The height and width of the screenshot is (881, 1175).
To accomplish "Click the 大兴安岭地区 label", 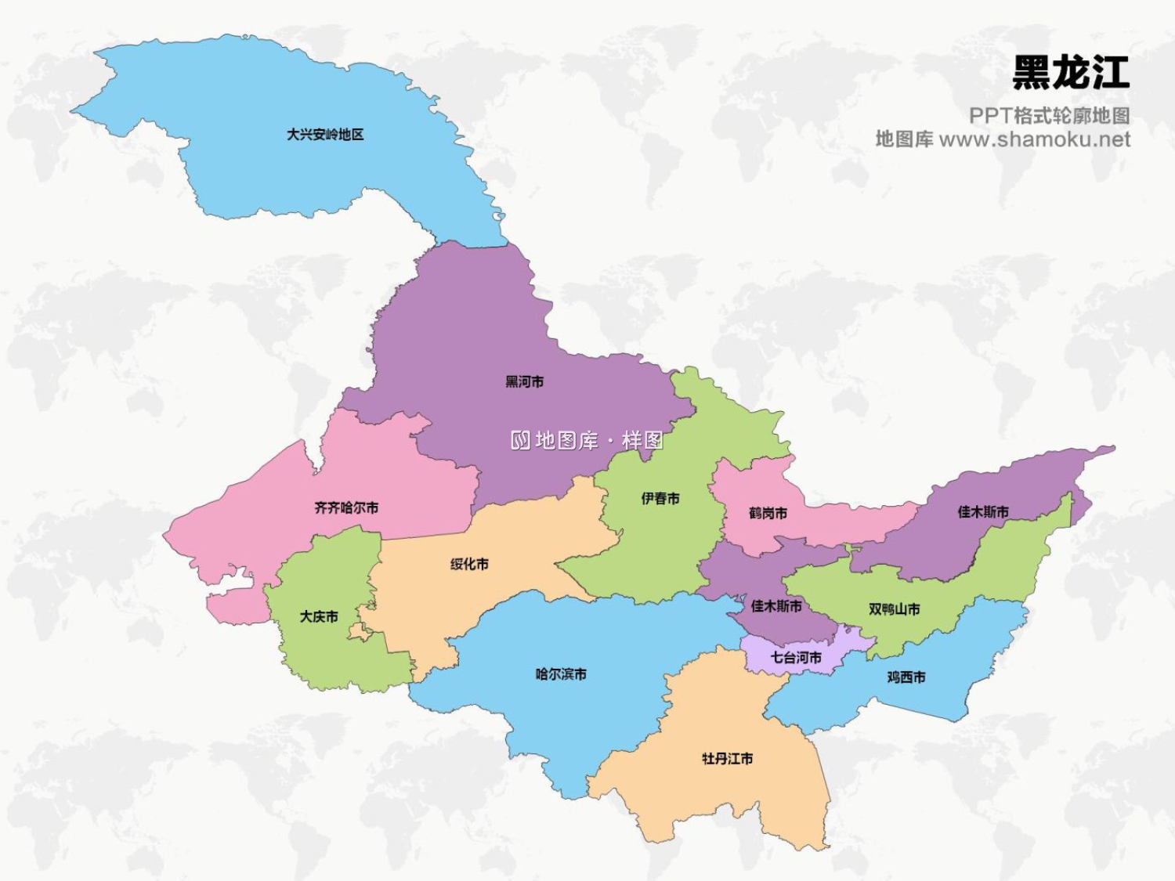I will pos(325,135).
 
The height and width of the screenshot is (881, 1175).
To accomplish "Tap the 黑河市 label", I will pos(524,382).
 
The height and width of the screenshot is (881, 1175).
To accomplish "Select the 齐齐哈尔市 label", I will pos(346,508).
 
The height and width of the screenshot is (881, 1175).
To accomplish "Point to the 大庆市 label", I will pos(319,617).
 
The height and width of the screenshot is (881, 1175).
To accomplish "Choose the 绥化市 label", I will pos(469,565).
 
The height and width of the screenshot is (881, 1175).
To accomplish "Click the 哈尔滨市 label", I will pos(561,674).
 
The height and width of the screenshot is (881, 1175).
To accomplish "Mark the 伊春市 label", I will pos(660,499).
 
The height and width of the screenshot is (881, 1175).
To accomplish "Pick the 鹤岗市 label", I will pos(768,514).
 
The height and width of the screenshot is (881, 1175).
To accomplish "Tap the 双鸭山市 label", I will pos(894,609).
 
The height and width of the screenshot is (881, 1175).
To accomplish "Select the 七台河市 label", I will pos(796,658).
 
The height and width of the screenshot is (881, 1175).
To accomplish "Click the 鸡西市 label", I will pos(906,677).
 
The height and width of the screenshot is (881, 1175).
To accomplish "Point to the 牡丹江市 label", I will pos(727,759).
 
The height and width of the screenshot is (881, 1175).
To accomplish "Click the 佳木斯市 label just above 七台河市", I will pos(776,606).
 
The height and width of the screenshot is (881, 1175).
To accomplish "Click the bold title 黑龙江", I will pos(1071,73).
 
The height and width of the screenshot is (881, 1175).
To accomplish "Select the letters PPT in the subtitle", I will pos(990,116).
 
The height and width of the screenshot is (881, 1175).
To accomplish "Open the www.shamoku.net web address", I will pos(1034,139).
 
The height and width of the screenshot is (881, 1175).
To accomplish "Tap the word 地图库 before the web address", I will pos(904,139).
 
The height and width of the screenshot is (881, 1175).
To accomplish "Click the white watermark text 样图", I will pos(642,440).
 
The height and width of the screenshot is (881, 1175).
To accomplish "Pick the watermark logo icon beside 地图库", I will pos(520,440).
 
